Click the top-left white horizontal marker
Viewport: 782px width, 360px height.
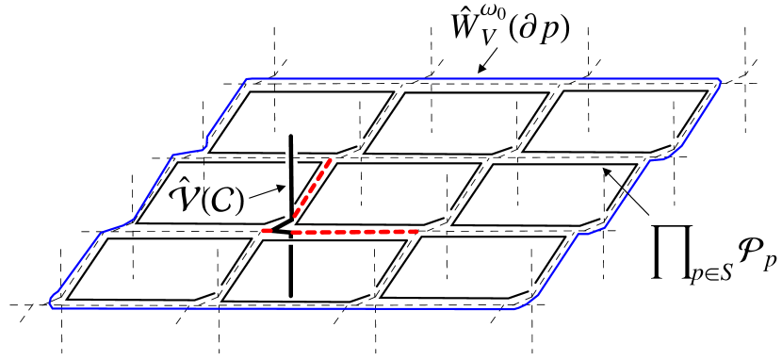(x=276, y=92)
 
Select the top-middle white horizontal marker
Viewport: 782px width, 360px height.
(x=431, y=93)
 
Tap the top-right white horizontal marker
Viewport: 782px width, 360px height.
(x=590, y=91)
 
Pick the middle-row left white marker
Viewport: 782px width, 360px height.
(x=204, y=163)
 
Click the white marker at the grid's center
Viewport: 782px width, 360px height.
(x=363, y=164)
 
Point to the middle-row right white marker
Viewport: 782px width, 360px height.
(x=519, y=165)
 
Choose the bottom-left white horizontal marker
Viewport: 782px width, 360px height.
(x=134, y=239)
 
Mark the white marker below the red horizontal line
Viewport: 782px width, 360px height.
(x=288, y=242)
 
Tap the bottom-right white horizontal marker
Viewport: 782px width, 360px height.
(x=448, y=237)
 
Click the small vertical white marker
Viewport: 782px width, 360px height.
(x=291, y=157)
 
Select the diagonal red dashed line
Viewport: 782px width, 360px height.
(x=312, y=188)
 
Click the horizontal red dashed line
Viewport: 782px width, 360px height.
(x=354, y=231)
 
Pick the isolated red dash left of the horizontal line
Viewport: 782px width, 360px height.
(x=267, y=230)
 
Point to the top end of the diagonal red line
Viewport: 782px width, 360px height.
(x=330, y=160)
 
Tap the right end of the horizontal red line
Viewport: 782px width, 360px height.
(x=415, y=231)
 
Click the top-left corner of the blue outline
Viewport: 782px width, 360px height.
(x=248, y=79)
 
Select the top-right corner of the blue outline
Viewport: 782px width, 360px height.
(x=720, y=80)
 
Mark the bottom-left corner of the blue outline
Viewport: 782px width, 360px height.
(x=52, y=304)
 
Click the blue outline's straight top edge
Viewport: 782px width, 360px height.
(x=481, y=79)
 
